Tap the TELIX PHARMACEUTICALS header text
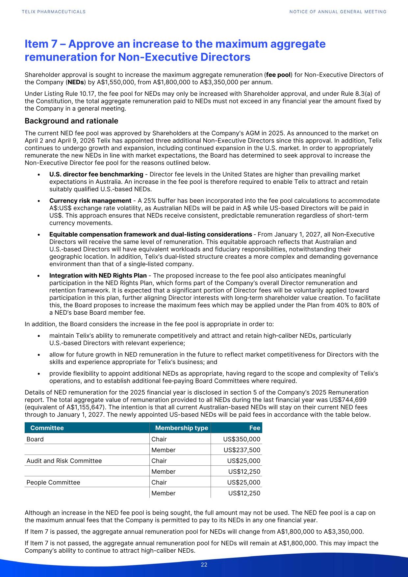pos(54,12)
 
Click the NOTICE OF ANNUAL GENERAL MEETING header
pos(338,12)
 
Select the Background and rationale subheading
pos(71,121)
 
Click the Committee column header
pos(47,428)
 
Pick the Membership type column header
pos(182,428)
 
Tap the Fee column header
pos(255,428)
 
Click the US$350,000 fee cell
pos(242,439)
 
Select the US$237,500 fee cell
pos(242,450)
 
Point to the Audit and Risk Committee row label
pos(64,461)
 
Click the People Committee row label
pos(53,483)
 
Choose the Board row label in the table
pos(35,439)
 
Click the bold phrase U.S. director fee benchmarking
pos(96,174)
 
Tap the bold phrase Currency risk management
pos(90,201)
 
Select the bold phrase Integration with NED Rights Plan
pos(98,275)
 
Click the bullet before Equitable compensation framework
pos(39,235)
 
